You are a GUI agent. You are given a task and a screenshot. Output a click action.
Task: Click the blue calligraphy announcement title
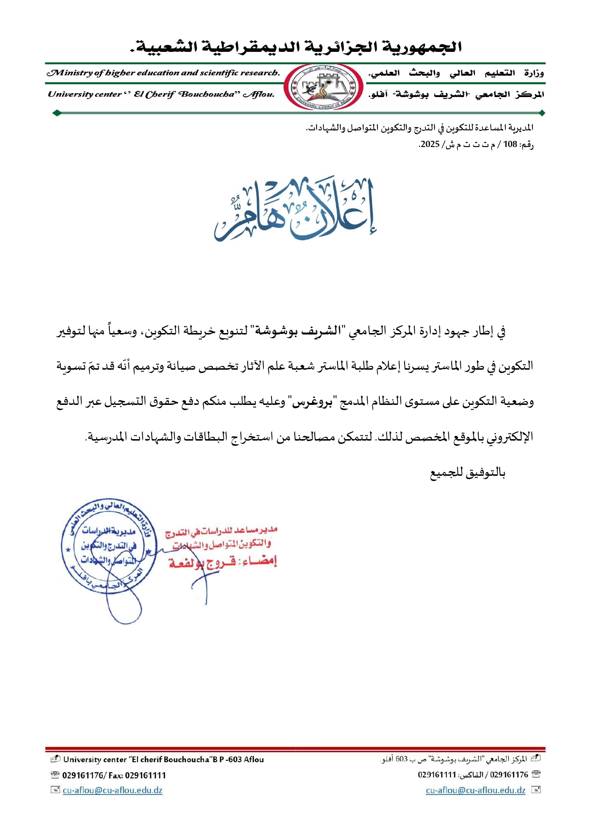click(295, 210)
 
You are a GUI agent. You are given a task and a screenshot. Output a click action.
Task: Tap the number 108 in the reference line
click(510, 144)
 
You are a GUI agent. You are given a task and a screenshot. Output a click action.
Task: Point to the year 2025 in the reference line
click(430, 144)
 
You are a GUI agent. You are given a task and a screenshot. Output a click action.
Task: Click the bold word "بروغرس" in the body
click(312, 402)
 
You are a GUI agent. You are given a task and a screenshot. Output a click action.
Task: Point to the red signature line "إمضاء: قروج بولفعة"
click(222, 562)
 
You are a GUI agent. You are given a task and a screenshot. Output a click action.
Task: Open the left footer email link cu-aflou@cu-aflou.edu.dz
click(113, 790)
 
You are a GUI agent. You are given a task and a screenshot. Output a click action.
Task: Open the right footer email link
click(475, 790)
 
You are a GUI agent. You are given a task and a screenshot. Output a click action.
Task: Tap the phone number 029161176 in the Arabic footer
click(509, 775)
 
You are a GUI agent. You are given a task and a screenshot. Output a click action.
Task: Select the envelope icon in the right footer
click(536, 790)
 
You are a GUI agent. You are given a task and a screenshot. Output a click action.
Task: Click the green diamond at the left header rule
click(57, 113)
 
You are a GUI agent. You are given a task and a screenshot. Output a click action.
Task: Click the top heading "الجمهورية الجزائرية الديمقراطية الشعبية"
click(295, 47)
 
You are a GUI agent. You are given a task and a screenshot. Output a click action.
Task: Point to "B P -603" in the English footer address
click(226, 759)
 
